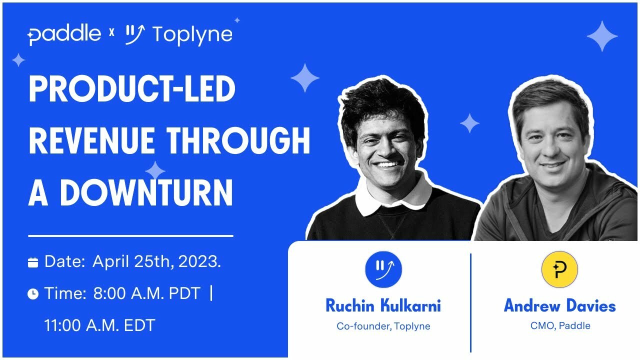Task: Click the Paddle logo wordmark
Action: pyautogui.click(x=64, y=34)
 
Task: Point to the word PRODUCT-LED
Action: pyautogui.click(x=132, y=90)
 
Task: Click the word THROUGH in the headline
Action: pyautogui.click(x=238, y=140)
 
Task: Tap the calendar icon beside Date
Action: pyautogui.click(x=33, y=262)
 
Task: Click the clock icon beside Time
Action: pyautogui.click(x=33, y=294)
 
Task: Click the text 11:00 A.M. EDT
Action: pyautogui.click(x=99, y=325)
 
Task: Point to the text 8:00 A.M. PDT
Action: pyautogui.click(x=147, y=293)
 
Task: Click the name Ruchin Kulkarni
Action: pyautogui.click(x=383, y=305)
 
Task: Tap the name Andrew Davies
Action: pyautogui.click(x=559, y=305)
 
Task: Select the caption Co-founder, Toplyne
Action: pyautogui.click(x=383, y=326)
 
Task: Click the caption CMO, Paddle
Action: pyautogui.click(x=560, y=326)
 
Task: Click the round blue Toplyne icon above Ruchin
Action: pyautogui.click(x=383, y=269)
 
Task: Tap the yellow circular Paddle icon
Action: pyautogui.click(x=559, y=269)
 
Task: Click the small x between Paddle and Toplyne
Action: pyautogui.click(x=111, y=33)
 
